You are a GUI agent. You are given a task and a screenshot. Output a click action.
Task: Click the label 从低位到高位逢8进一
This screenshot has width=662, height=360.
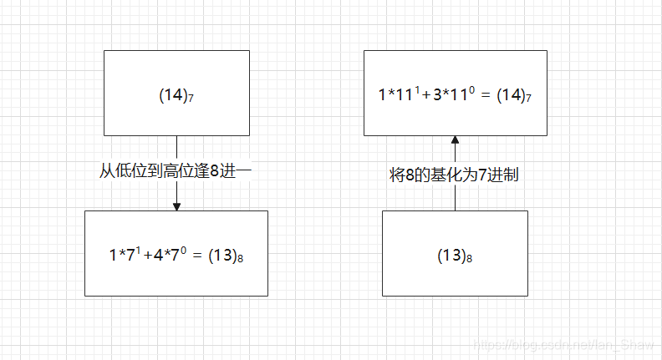[176, 170]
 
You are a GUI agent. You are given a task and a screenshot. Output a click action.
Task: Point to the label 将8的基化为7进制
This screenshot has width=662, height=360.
[456, 175]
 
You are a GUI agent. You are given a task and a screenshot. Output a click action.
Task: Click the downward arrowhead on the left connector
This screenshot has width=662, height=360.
[176, 206]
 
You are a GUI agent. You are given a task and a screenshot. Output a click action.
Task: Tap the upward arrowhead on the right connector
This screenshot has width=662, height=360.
[456, 140]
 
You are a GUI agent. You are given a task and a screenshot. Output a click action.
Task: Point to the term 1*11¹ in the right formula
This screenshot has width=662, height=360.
[396, 95]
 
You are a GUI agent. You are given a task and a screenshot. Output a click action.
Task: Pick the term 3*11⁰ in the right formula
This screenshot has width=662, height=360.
[450, 95]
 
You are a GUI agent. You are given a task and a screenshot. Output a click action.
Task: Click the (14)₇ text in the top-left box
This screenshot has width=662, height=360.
[176, 95]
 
